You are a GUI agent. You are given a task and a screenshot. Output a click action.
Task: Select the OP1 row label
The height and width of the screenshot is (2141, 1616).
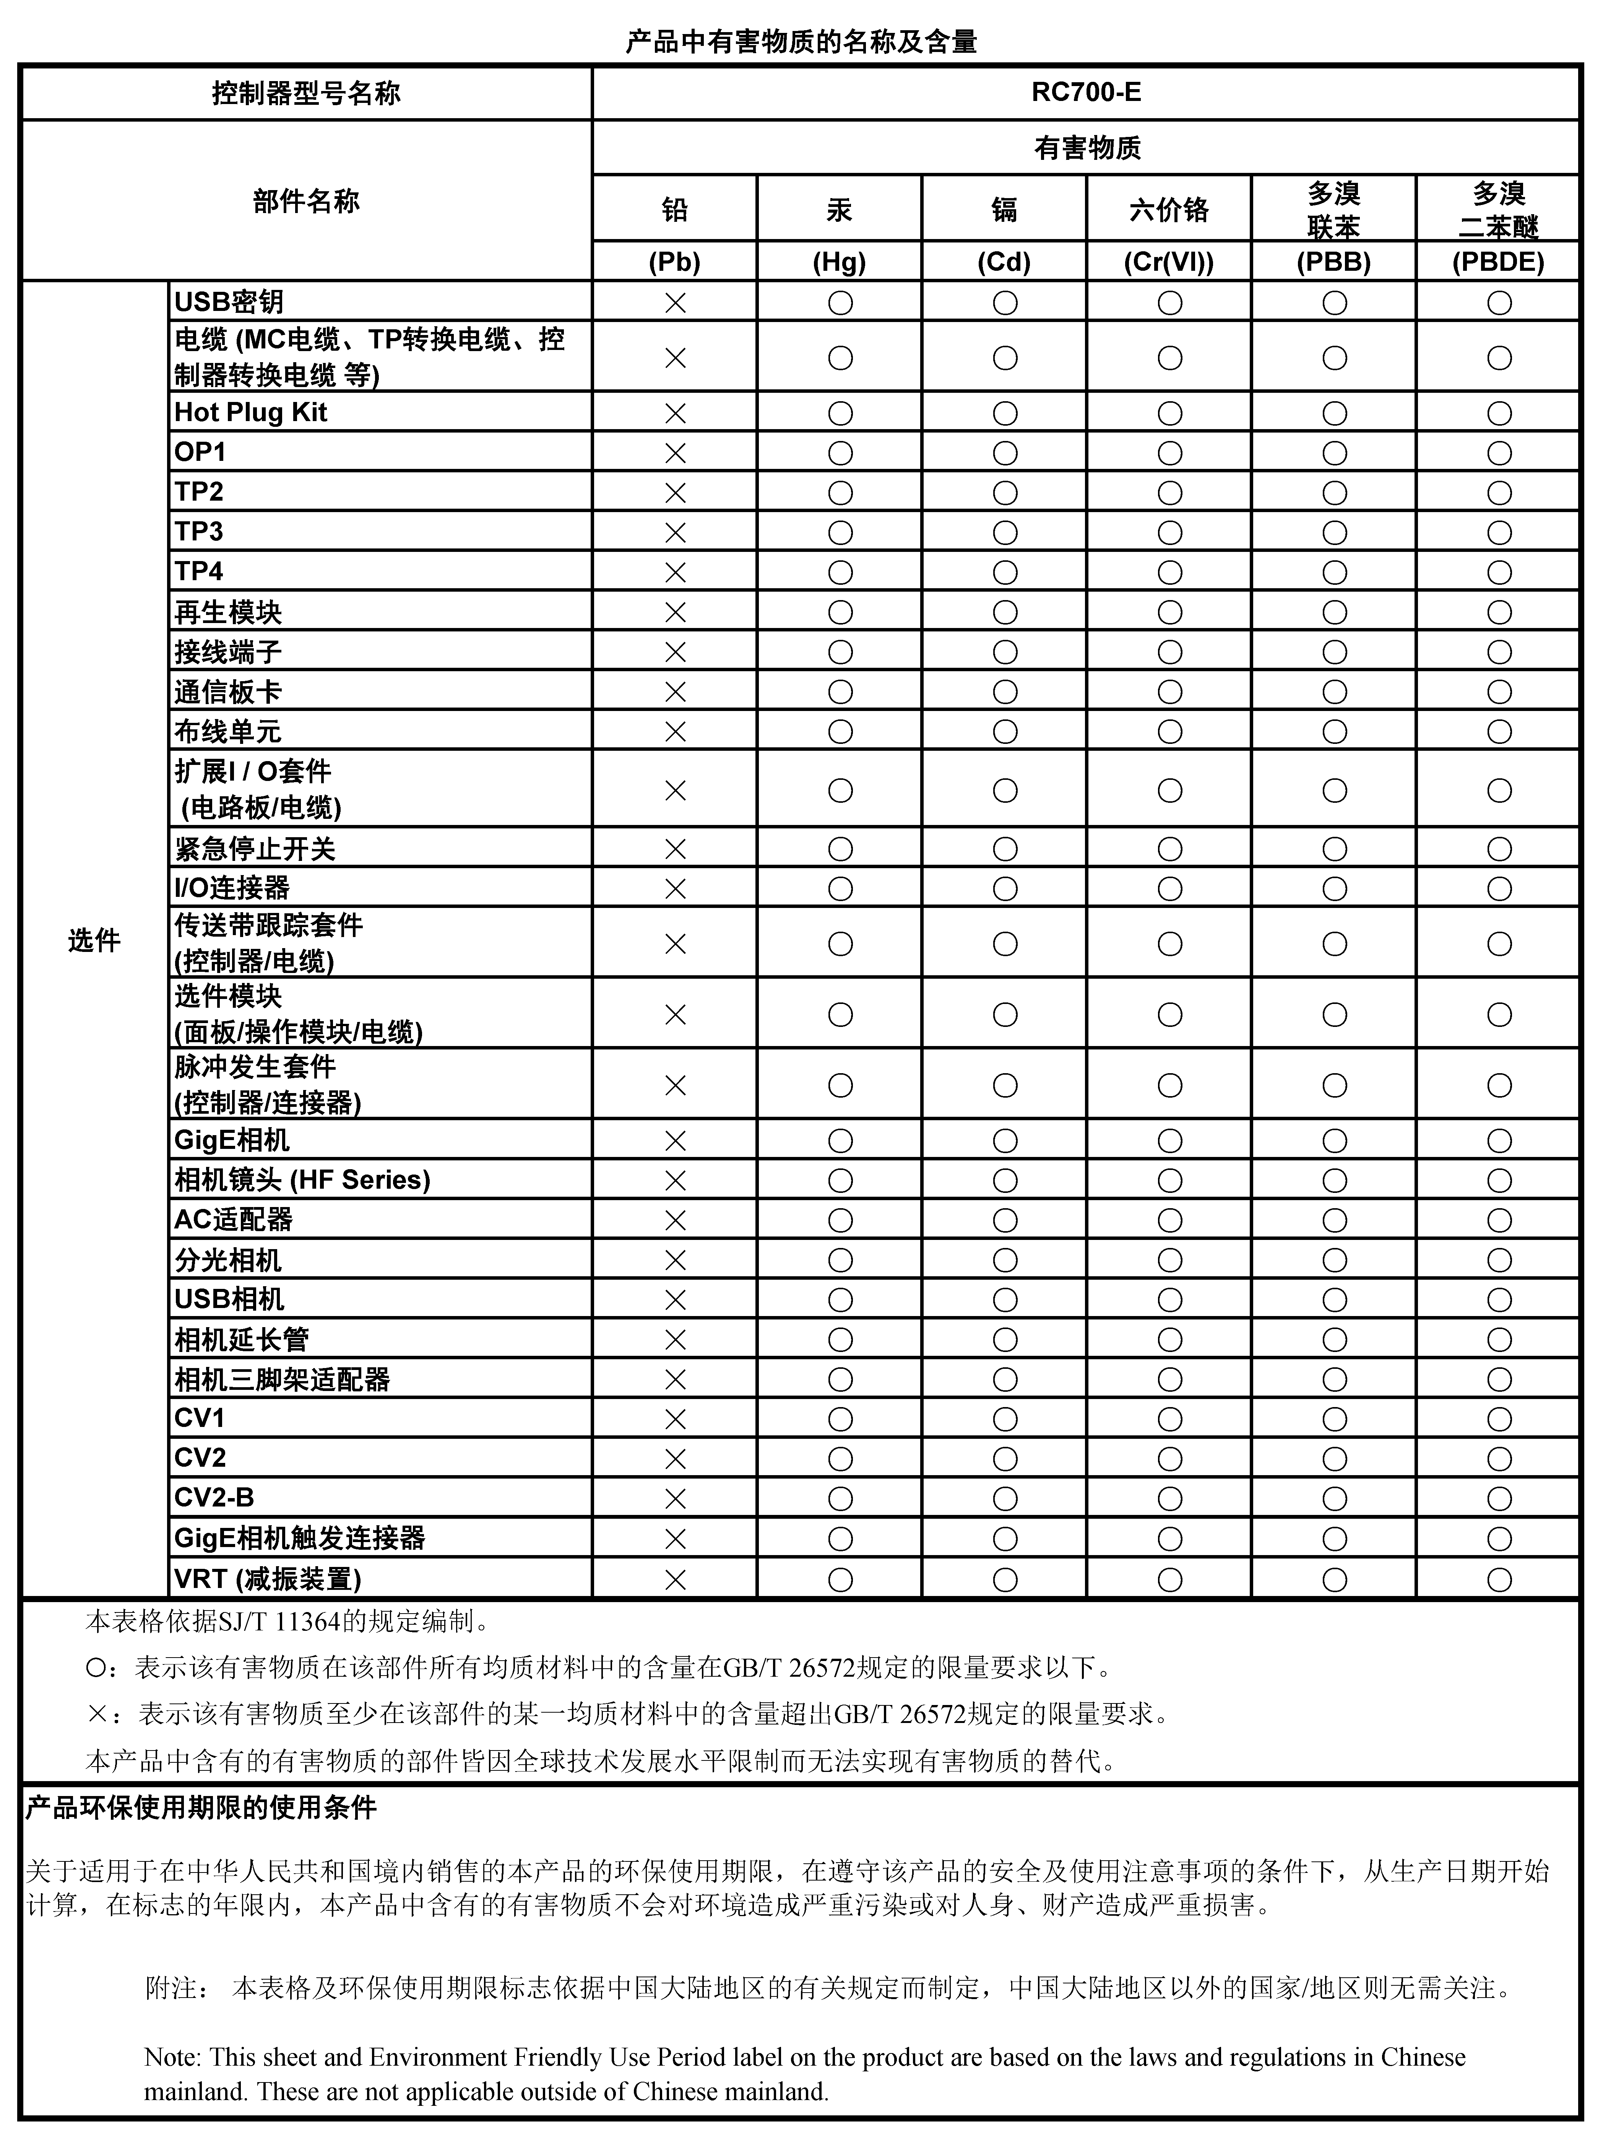point(200,452)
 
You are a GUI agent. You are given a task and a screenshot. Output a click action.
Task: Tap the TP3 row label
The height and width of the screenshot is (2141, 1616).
point(199,531)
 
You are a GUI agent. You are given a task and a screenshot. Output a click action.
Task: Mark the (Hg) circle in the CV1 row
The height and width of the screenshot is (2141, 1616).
point(840,1419)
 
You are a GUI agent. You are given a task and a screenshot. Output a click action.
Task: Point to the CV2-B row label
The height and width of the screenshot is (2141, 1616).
point(214,1497)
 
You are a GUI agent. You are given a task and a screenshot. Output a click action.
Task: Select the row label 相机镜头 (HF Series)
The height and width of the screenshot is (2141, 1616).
point(302,1180)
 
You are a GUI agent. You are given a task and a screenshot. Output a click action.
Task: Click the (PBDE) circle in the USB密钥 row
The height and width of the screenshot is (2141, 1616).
point(1499,303)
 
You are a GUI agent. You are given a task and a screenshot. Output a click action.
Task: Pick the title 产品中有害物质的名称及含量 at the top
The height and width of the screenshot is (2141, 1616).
point(801,42)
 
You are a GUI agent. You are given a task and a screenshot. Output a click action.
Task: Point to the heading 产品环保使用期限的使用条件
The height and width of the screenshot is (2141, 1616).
point(201,1807)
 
